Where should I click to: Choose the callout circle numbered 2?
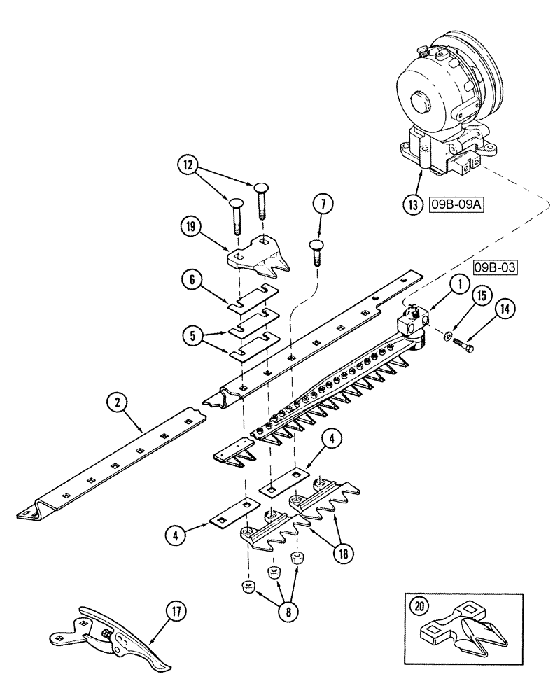pyautogui.click(x=118, y=403)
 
